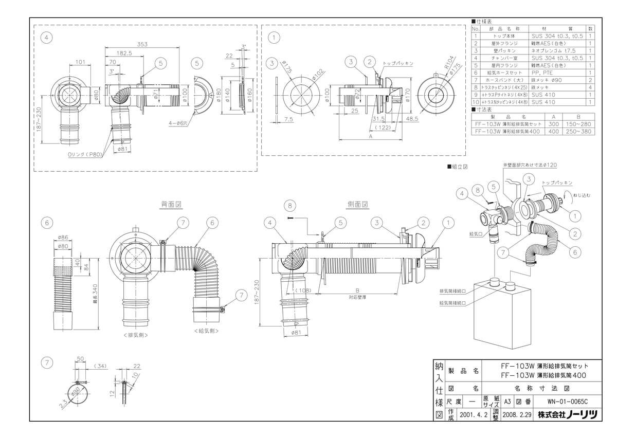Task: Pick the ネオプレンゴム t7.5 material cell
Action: [x=557, y=51]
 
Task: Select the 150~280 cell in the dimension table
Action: [x=579, y=124]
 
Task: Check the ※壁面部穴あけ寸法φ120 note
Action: [x=530, y=165]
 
